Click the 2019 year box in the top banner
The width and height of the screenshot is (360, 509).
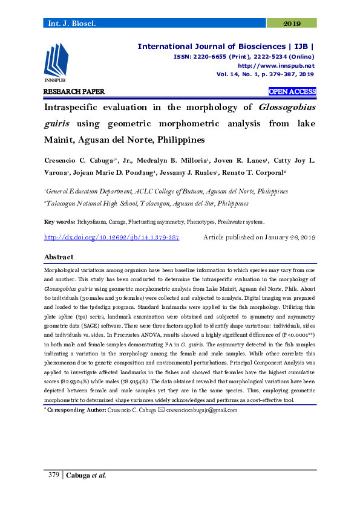click(292, 24)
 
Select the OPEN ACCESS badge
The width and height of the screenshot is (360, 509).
click(292, 92)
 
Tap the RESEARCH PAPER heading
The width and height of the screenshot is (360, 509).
click(74, 92)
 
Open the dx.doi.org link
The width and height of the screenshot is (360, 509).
click(112, 238)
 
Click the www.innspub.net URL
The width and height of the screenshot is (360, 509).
click(276, 65)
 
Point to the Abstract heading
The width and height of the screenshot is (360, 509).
click(59, 257)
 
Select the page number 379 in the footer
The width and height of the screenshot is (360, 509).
click(53, 475)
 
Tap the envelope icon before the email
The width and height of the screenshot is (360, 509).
click(161, 410)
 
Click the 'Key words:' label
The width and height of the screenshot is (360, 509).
click(59, 222)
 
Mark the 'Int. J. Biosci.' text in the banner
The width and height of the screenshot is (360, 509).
click(68, 24)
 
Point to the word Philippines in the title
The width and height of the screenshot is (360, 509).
click(175, 139)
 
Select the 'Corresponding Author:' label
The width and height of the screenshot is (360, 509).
click(76, 410)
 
